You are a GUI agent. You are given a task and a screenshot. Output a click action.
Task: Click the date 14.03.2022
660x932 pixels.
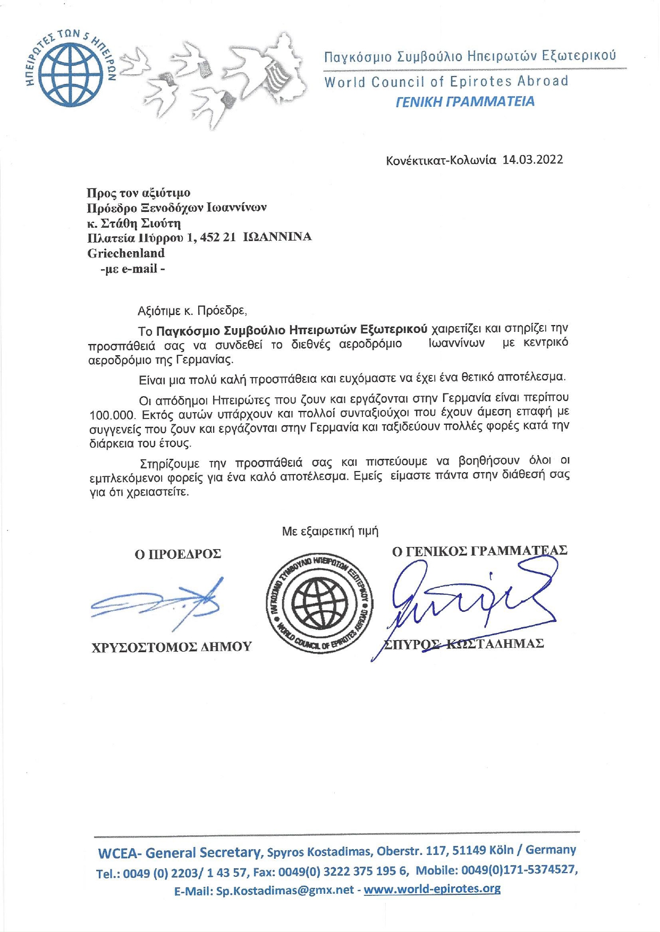tap(532, 160)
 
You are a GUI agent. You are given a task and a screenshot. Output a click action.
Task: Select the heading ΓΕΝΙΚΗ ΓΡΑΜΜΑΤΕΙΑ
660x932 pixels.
tap(465, 102)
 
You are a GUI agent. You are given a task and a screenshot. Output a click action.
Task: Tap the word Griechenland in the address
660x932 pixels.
tap(126, 253)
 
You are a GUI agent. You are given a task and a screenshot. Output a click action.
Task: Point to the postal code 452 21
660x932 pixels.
tap(218, 237)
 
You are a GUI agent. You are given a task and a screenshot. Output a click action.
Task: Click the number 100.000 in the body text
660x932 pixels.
tap(112, 414)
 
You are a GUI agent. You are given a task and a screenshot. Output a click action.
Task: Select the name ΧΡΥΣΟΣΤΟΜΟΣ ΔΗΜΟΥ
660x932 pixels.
tap(172, 647)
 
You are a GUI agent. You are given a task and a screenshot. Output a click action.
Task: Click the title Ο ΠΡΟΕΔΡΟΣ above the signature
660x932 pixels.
tap(177, 554)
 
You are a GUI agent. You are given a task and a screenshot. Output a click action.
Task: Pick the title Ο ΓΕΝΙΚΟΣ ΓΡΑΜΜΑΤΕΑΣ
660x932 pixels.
tap(479, 551)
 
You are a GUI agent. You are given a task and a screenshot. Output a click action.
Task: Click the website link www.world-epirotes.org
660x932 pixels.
tap(432, 889)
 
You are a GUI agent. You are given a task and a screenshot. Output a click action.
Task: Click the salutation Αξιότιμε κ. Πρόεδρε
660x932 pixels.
tap(192, 311)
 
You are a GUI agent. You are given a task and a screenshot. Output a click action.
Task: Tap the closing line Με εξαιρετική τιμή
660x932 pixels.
tap(330, 531)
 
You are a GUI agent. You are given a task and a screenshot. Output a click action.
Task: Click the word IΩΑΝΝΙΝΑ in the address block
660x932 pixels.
tap(277, 237)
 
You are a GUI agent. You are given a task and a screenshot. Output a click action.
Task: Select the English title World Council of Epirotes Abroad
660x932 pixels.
tap(446, 82)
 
